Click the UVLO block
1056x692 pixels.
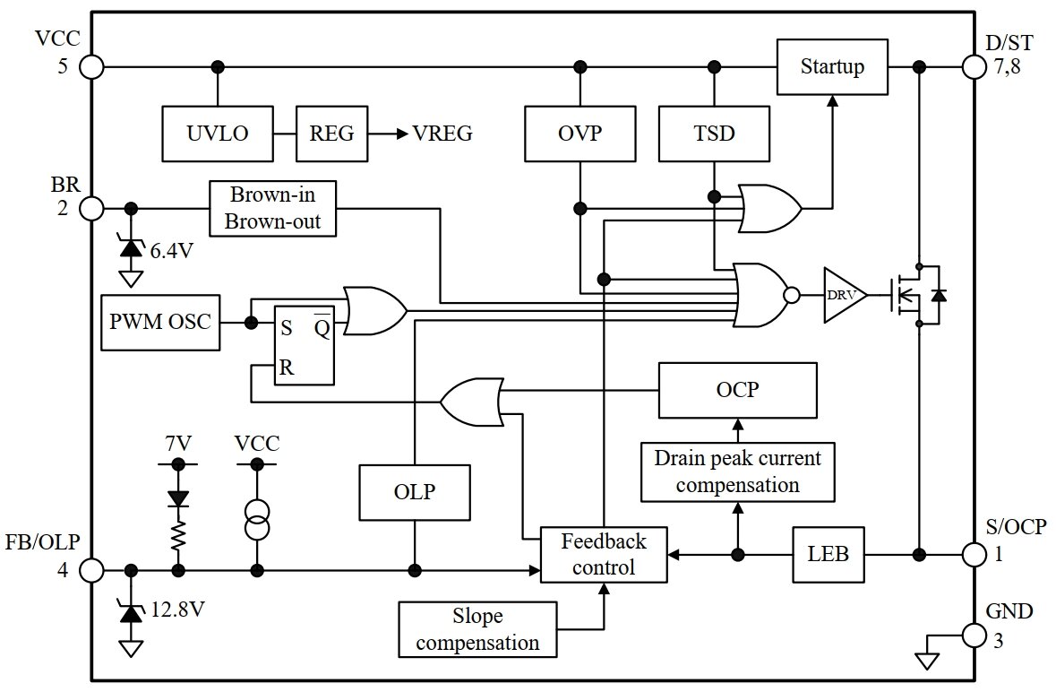pos(218,134)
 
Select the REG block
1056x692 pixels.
pos(332,134)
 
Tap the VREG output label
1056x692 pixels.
pos(442,134)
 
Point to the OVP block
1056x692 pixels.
pos(580,134)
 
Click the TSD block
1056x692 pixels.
pos(714,134)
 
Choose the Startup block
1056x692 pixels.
pos(832,67)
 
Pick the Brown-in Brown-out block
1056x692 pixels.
pos(272,209)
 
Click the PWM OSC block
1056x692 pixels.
pos(160,321)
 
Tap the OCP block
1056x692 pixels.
pos(738,391)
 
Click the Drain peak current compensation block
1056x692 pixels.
pos(737,472)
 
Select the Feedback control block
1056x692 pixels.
pos(604,555)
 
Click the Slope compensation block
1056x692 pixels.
pos(477,630)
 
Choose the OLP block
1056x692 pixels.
pos(415,492)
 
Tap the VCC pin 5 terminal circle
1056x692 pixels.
pos(91,67)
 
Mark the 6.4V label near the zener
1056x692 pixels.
pos(172,250)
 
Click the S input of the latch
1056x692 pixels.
pos(286,328)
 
